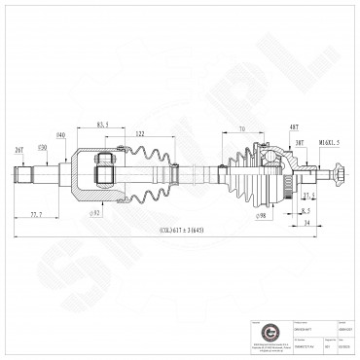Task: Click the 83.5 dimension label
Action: tap(103, 125)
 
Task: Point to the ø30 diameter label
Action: tap(42, 146)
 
